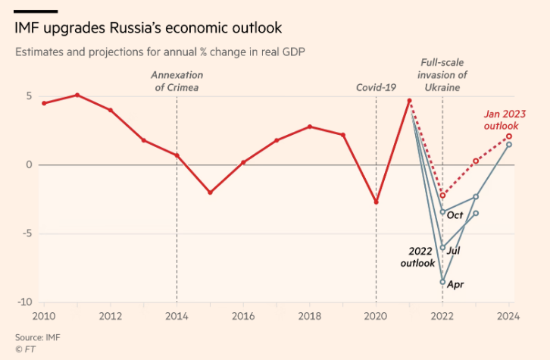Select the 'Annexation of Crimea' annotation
177,81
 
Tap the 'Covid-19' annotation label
377,87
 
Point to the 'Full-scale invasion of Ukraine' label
443,74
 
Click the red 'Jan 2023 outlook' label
505,119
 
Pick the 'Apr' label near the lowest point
455,284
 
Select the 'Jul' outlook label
454,250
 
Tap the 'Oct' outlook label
455,215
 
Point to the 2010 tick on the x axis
45,315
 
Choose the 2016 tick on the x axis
243,315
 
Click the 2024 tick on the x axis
508,315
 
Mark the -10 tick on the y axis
25,302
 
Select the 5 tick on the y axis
28,96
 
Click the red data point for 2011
77,95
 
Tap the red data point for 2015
210,193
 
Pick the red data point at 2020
377,202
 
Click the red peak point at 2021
409,101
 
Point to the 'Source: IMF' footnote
36,337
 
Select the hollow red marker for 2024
509,136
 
